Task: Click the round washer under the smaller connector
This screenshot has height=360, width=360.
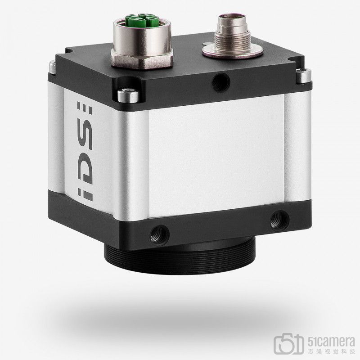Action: [233, 53]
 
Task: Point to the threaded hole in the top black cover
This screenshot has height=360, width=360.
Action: [221, 82]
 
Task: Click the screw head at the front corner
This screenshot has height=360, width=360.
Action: [128, 95]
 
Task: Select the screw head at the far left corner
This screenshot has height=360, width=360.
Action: [52, 67]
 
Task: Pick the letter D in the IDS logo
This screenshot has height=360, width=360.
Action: [85, 170]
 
